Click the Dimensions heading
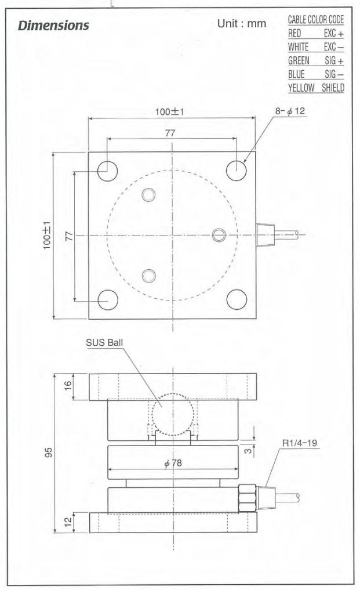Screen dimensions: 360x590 [x=53, y=25]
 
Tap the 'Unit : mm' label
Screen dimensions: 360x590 [x=242, y=24]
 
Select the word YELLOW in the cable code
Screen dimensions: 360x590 [x=301, y=88]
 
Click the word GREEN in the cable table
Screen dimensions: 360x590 [x=299, y=60]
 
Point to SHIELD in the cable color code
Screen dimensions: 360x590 [x=333, y=88]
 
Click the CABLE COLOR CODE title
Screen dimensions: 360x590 [x=316, y=20]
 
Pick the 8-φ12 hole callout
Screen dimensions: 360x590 [x=290, y=111]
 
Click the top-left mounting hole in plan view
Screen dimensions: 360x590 [x=108, y=171]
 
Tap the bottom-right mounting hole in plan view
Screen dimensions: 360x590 [x=237, y=299]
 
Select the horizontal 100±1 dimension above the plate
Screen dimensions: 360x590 [x=170, y=112]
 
